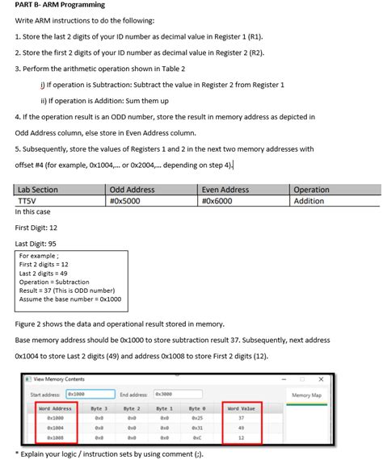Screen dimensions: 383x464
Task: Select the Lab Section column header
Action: coord(37,190)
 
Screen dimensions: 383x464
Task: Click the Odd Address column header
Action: coord(132,190)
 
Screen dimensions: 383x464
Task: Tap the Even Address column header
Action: coord(225,190)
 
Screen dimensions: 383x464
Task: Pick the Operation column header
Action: coord(312,190)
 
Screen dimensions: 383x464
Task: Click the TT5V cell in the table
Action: coord(27,200)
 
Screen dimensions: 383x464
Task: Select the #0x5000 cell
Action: coord(126,200)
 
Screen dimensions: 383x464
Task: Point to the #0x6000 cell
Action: coord(218,200)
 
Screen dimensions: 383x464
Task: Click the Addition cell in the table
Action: coord(309,200)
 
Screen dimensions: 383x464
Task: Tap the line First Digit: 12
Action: coord(36,228)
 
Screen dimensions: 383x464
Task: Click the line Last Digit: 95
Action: coord(36,243)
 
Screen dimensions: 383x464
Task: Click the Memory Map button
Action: coord(306,395)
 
